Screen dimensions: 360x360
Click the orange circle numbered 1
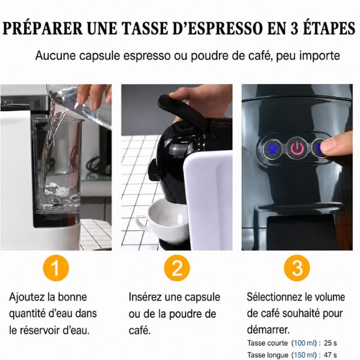(56, 268)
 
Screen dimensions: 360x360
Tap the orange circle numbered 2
(177, 268)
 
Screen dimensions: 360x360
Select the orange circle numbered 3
(297, 268)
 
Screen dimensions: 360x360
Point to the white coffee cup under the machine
(161, 221)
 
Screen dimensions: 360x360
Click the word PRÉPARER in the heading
(43, 28)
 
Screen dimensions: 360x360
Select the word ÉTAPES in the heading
(329, 28)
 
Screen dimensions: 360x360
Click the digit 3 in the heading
(295, 28)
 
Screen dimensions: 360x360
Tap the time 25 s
(330, 343)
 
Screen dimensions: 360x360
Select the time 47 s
(330, 355)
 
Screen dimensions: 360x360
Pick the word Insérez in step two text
(145, 297)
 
